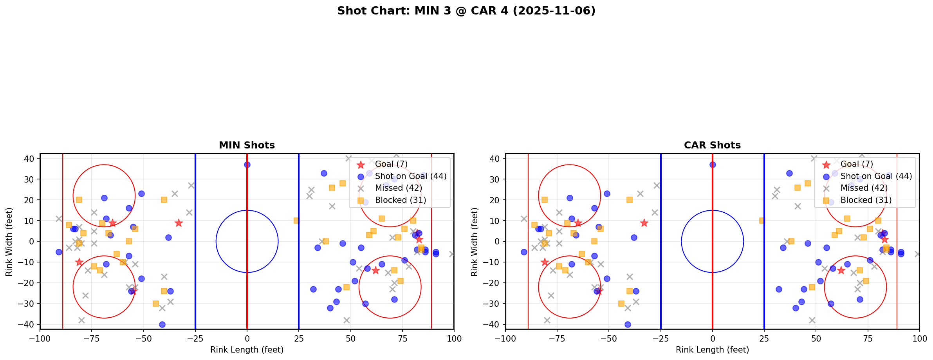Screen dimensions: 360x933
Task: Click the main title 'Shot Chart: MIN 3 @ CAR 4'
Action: click(466, 11)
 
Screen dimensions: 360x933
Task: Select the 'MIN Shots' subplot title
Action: click(247, 145)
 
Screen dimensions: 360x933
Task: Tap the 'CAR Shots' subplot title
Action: click(712, 145)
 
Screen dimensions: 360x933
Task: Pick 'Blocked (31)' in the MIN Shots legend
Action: click(400, 200)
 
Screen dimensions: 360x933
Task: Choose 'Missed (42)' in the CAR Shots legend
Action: click(864, 188)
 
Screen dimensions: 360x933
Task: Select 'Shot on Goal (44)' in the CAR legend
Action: click(876, 176)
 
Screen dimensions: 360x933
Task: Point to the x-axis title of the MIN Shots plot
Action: click(247, 350)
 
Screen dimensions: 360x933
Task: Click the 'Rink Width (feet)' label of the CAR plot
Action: click(475, 242)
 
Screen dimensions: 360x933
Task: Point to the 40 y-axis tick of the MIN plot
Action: click(31, 159)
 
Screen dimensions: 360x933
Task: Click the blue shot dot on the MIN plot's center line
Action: click(247, 165)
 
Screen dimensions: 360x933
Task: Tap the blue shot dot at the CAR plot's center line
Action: click(713, 165)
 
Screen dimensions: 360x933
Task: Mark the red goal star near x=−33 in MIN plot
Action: click(179, 223)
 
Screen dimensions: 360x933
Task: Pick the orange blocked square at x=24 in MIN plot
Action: click(296, 221)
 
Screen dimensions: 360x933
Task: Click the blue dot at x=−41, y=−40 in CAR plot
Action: click(628, 324)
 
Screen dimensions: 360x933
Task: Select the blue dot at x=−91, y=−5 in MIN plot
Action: click(59, 252)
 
